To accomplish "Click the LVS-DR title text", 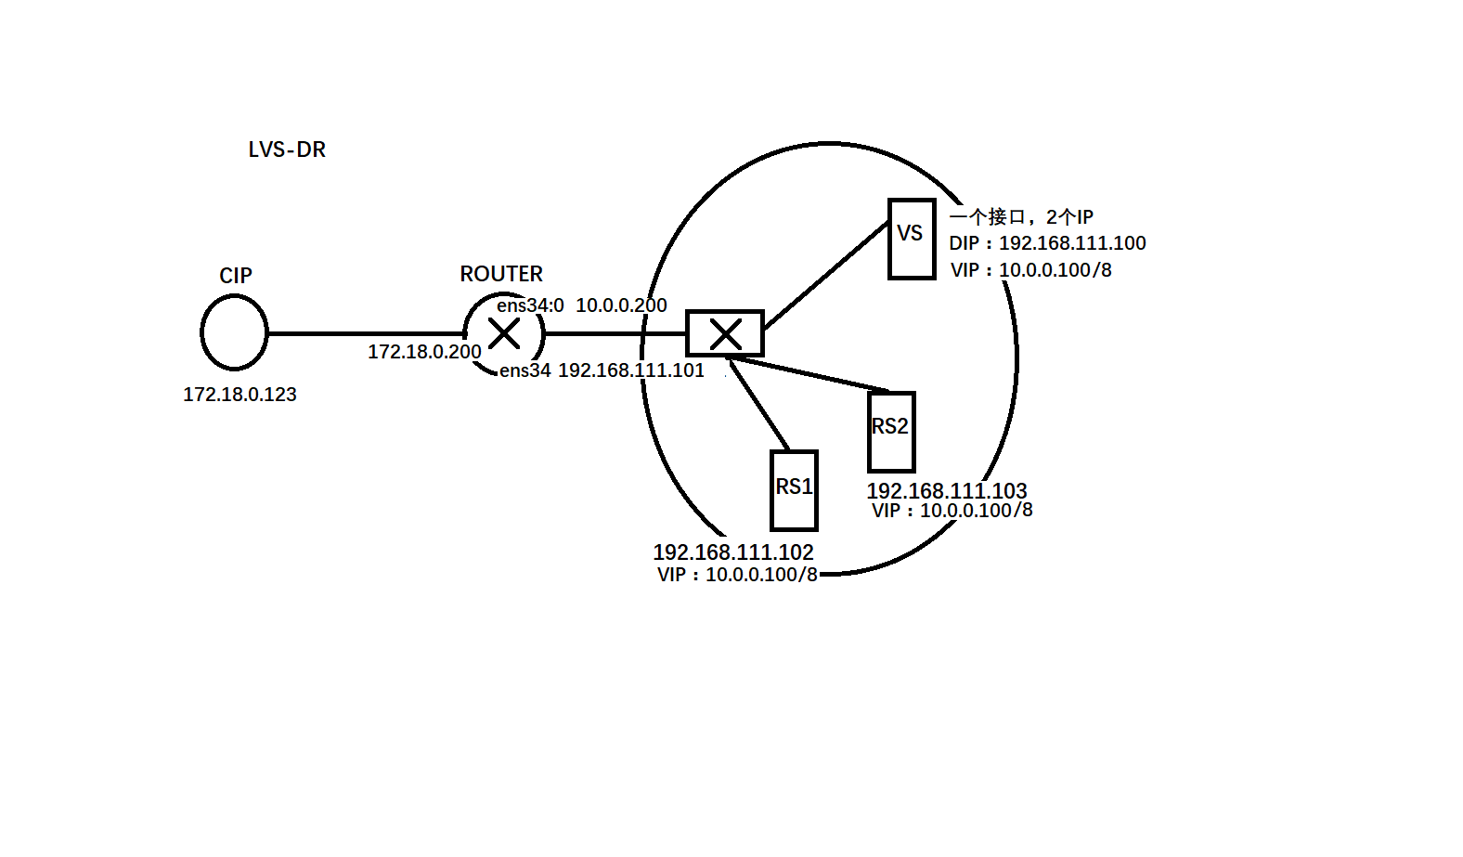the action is pyautogui.click(x=287, y=149).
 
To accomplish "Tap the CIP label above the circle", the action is pyautogui.click(x=236, y=276).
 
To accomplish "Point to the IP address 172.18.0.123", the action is pyautogui.click(x=240, y=395).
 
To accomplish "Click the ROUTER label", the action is pyautogui.click(x=501, y=274).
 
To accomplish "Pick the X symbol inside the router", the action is pyautogui.click(x=504, y=333).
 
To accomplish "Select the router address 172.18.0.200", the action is pyautogui.click(x=424, y=352).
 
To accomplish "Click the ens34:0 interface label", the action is pyautogui.click(x=530, y=305).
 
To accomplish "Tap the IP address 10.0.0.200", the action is pyautogui.click(x=621, y=305).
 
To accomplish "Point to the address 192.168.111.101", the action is pyautogui.click(x=631, y=370).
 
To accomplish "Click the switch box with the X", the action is pyautogui.click(x=725, y=333).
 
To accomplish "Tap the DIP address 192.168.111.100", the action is pyautogui.click(x=1072, y=243).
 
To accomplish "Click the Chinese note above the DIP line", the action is pyautogui.click(x=1021, y=217).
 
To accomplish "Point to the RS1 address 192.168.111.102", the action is pyautogui.click(x=733, y=552).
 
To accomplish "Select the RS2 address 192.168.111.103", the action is pyautogui.click(x=947, y=491).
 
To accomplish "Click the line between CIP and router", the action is pyautogui.click(x=367, y=333).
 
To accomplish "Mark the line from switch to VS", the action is pyautogui.click(x=826, y=274).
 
